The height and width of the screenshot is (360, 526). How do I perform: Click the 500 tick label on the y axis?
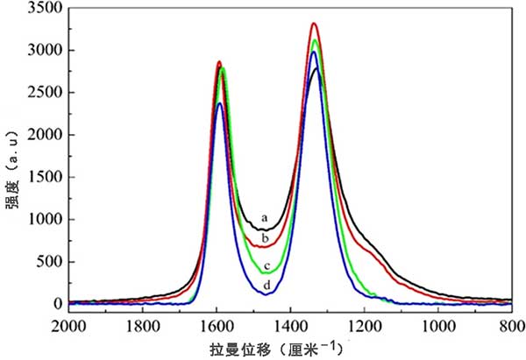[52, 262]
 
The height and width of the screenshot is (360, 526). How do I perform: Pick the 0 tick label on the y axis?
[59, 304]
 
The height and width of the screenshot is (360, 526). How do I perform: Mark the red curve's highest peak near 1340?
[314, 24]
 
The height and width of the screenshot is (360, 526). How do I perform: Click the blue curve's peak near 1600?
[220, 103]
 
